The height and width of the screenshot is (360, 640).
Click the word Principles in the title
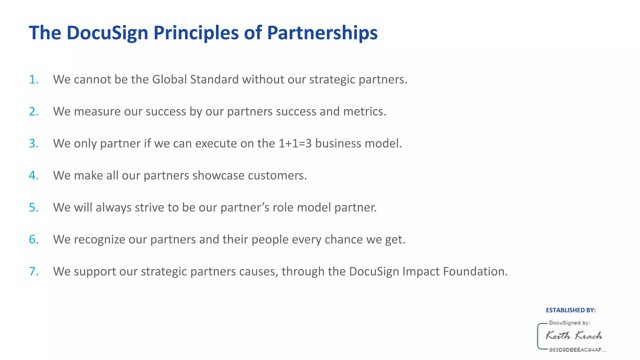(196, 33)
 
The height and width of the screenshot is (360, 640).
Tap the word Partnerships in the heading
(322, 33)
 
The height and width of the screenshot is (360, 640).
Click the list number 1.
(33, 79)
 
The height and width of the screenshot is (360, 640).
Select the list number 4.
(33, 175)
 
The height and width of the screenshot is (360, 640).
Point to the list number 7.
(33, 271)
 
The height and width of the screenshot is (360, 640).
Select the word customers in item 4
(277, 175)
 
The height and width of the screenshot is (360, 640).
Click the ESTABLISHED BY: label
(571, 310)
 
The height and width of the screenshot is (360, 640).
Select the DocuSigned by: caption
(569, 323)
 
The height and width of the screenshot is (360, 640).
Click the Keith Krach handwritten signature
(574, 336)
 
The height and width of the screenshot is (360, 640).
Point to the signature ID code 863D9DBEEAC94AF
(577, 350)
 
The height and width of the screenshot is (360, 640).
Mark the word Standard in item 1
(214, 79)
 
